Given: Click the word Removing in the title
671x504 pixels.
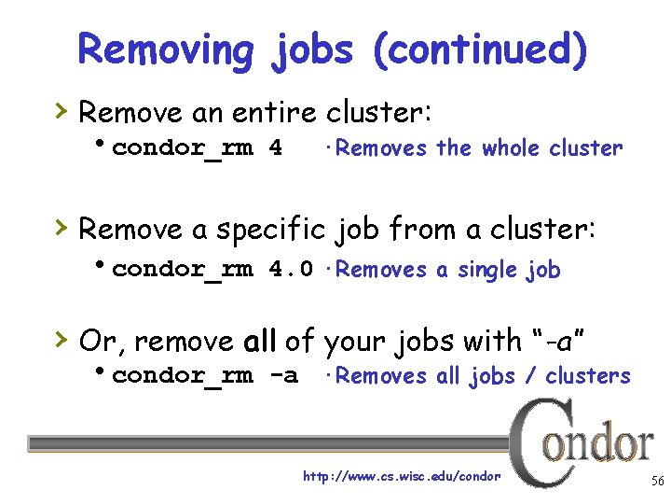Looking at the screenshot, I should [165, 49].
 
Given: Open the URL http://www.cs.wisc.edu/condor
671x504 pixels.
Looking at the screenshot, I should [402, 477].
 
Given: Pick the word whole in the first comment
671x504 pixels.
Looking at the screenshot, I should [511, 148].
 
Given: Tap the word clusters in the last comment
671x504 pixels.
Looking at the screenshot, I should [588, 376].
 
